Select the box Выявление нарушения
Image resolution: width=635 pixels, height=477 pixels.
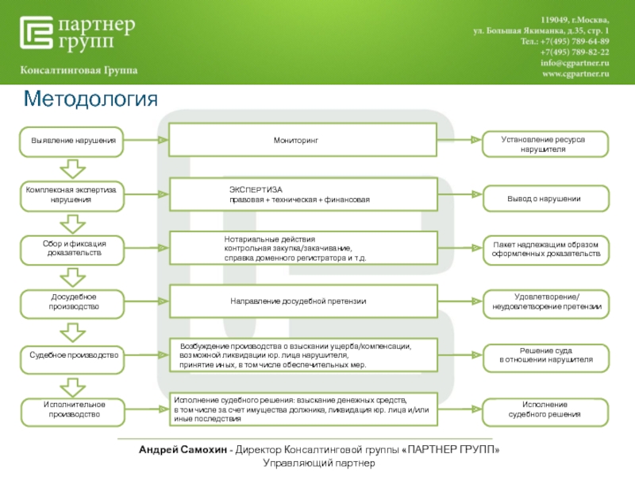(x=73, y=140)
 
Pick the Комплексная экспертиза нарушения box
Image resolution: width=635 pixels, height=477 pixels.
(x=73, y=196)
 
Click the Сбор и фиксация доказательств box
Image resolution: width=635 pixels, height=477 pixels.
(x=73, y=247)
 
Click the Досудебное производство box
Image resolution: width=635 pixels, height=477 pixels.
(x=73, y=301)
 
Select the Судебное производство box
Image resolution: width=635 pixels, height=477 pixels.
(x=73, y=355)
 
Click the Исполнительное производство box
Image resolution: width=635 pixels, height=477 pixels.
(x=73, y=409)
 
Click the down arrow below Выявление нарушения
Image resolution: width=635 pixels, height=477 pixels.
(x=73, y=169)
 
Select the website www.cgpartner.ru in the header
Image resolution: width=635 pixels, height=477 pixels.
(x=575, y=73)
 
